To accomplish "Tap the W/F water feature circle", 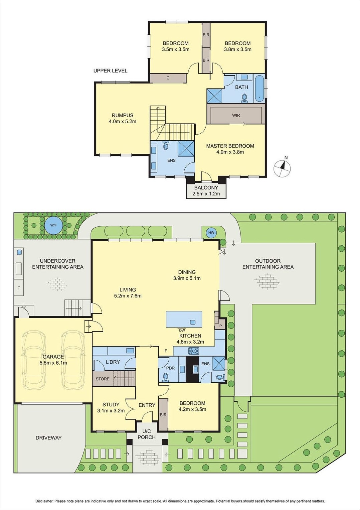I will coord(53,225).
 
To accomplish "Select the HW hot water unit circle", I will coord(211,233).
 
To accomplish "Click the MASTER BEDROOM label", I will coord(230,146).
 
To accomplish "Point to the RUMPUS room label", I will coord(122,116).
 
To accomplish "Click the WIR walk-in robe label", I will coord(236,115).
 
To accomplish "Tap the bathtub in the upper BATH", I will coord(259,89).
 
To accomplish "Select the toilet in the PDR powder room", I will coord(165,377).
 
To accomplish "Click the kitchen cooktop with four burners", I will coord(194,351).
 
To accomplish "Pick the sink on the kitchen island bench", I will coord(193,322).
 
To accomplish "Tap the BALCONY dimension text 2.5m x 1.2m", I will coord(206,194).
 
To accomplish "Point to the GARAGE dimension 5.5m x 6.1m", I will coord(53,363).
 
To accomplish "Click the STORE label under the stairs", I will coord(103,379).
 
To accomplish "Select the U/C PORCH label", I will coord(147,434).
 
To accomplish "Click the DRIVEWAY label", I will coord(48,437).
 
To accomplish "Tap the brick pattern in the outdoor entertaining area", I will coord(267,281).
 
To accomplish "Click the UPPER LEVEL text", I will coord(110,71).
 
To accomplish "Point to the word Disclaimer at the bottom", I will coord(44,501).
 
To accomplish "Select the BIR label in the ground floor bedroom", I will coord(163,415).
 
